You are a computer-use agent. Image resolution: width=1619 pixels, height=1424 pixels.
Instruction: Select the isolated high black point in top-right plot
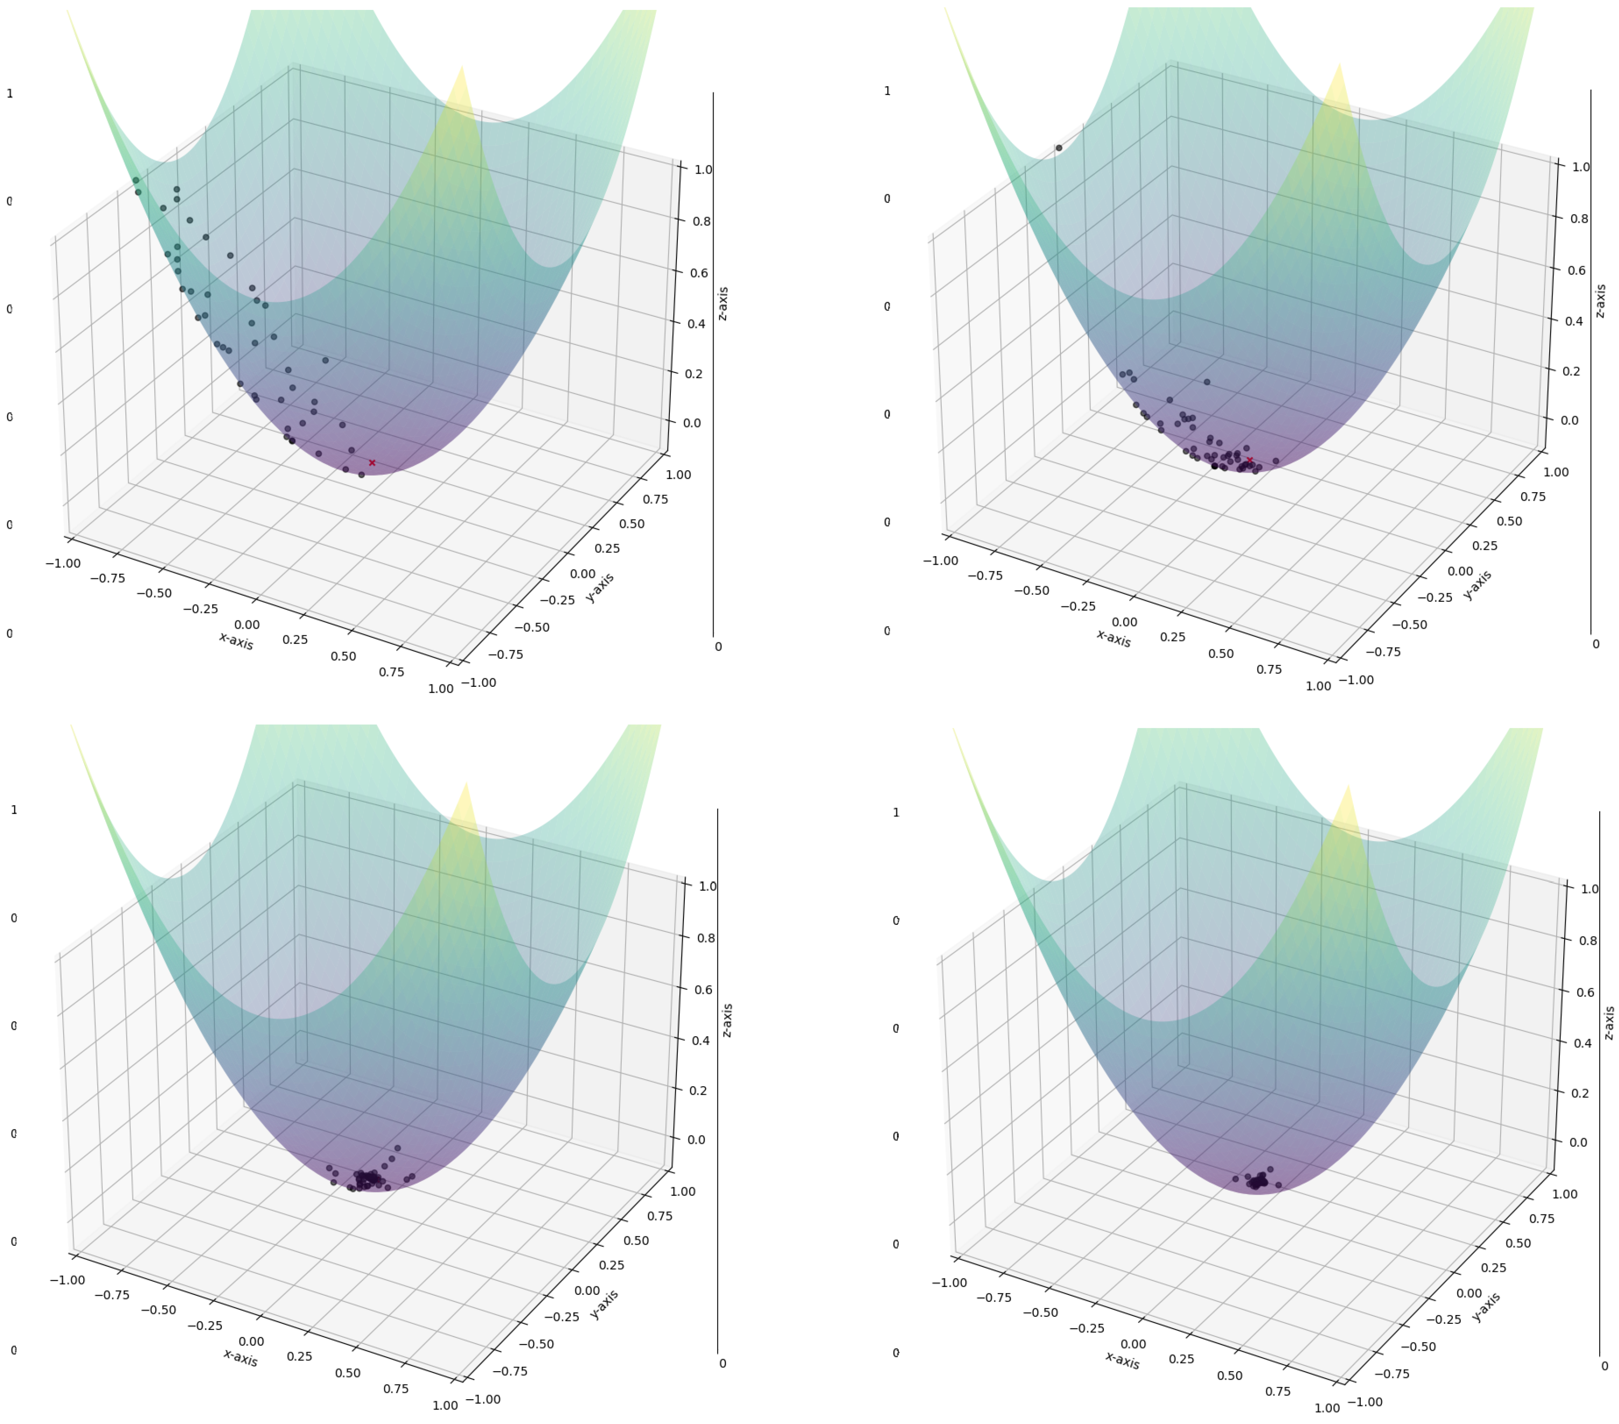click(1059, 148)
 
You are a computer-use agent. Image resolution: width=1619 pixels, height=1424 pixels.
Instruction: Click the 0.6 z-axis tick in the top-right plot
click(1577, 270)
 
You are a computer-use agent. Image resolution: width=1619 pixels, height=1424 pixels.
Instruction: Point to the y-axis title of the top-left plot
click(600, 587)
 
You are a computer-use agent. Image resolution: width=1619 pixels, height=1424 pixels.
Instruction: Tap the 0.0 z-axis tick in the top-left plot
click(691, 423)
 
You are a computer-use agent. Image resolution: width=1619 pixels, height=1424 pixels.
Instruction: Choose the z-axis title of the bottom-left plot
click(727, 1020)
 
